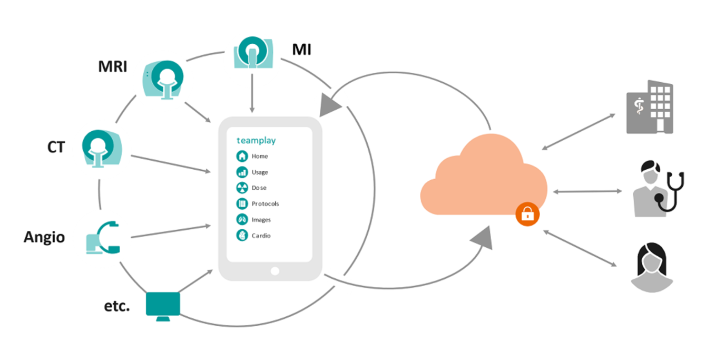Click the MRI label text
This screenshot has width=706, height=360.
113,67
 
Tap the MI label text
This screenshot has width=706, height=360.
301,50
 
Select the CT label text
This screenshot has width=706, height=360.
56,147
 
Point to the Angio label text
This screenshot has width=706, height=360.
44,237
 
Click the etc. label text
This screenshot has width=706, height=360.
116,306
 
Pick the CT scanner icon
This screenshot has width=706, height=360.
102,148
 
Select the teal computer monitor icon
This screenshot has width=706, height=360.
163,306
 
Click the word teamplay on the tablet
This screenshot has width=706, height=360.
256,140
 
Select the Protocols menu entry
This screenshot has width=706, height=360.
265,203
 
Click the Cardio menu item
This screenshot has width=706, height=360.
261,236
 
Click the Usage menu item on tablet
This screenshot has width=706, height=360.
260,172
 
